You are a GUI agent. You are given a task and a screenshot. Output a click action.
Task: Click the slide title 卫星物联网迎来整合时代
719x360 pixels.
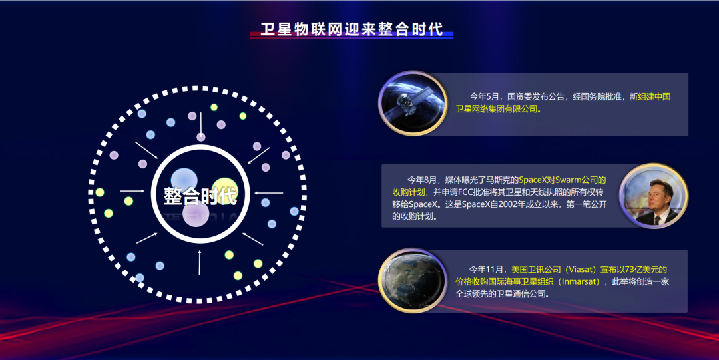352,29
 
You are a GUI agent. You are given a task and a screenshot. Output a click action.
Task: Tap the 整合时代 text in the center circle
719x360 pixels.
201,196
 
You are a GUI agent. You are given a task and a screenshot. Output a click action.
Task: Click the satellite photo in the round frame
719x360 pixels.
413,103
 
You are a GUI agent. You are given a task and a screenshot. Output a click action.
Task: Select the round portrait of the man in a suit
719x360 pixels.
654,196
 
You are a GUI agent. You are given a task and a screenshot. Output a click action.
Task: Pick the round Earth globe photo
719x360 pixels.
413,280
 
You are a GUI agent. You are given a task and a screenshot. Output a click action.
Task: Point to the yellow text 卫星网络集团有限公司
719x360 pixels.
497,109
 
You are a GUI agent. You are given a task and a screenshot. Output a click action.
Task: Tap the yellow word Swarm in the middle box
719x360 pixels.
568,180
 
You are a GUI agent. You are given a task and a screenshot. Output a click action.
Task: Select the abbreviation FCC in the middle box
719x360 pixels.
467,192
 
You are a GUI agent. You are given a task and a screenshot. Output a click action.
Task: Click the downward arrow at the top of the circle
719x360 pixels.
201,124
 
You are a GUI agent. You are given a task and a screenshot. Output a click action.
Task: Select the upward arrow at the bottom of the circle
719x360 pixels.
200,262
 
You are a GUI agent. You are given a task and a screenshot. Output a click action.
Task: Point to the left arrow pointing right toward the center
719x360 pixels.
132,191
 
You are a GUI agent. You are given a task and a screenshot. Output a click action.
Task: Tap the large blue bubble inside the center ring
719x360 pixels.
184,181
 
